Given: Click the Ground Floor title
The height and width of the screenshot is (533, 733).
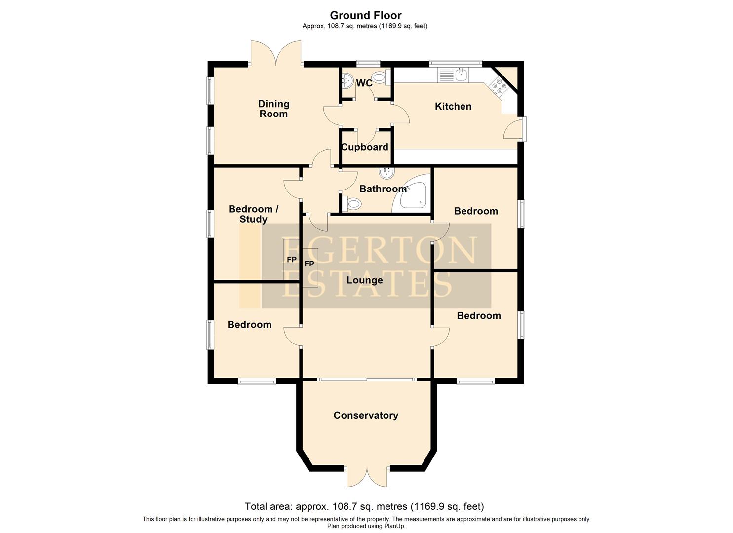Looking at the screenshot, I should coord(366,15).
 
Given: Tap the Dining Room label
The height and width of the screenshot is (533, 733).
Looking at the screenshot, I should coord(273,109).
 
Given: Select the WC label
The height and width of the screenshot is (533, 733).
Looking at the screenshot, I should coord(364,83).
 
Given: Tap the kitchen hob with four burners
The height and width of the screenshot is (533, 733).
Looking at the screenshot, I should coord(498,88).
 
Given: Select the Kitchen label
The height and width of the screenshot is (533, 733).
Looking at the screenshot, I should coord(453,106).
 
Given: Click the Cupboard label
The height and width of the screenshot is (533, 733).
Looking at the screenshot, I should coord(365,147).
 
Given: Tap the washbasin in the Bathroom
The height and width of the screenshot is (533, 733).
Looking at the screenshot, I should coord(386,173).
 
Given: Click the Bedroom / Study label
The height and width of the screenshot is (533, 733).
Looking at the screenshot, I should coord(253,214).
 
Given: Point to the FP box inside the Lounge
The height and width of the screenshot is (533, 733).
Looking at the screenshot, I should coord(310,265).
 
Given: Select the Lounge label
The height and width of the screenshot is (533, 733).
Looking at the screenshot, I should coord(364,280).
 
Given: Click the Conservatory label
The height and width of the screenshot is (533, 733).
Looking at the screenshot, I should coord(366,415).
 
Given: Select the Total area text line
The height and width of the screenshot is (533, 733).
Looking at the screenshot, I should coord(364,506).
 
